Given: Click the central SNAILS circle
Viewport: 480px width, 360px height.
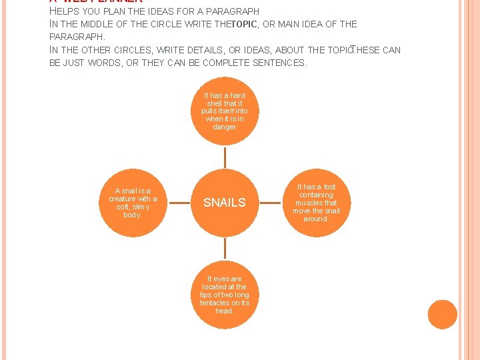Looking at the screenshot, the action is (225, 203).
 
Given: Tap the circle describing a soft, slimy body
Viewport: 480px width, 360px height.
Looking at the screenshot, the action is (133, 203).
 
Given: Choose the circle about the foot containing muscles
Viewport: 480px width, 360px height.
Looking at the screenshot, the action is (317, 203).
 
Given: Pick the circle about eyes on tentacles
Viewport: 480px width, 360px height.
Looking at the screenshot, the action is (225, 294).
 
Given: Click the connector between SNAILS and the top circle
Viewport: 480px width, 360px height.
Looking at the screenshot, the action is (225, 157).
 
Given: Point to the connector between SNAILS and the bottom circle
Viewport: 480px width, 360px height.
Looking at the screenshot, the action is (225, 248).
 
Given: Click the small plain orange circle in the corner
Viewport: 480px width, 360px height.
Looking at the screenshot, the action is (442, 315).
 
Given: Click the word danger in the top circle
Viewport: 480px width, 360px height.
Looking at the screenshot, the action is (225, 127).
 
